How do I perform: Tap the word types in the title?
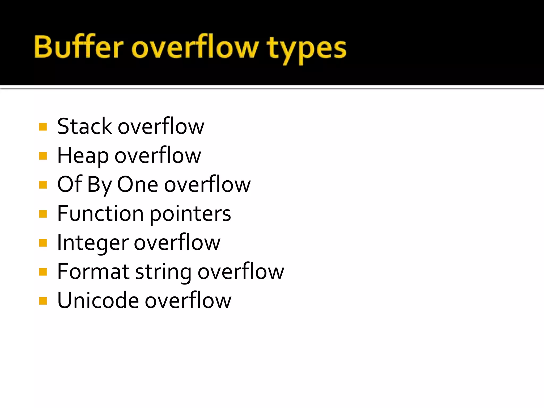pyautogui.click(x=307, y=49)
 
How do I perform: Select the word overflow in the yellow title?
pyautogui.click(x=195, y=47)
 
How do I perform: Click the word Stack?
pyautogui.click(x=84, y=126)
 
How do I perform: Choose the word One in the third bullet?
pyautogui.click(x=138, y=184)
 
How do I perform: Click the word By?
pyautogui.click(x=99, y=185)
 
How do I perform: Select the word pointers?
pyautogui.click(x=190, y=214)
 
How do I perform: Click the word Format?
pyautogui.click(x=93, y=271)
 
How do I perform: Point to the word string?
pyautogui.click(x=163, y=273)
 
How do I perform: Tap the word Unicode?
pyautogui.click(x=98, y=300)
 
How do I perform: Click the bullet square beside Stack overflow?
pyautogui.click(x=43, y=127)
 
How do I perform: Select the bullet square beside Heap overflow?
pyautogui.click(x=43, y=156)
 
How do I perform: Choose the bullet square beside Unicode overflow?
pyautogui.click(x=43, y=301)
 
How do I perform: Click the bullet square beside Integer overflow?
pyautogui.click(x=43, y=243)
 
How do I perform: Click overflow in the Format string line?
pyautogui.click(x=241, y=271)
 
